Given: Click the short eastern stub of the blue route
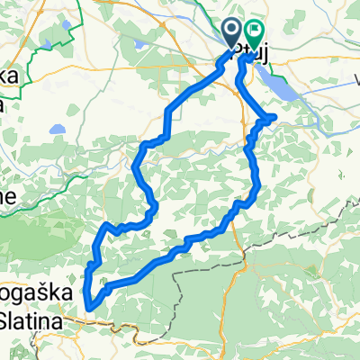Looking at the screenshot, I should [269, 117].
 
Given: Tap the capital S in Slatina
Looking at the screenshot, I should [6, 321].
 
